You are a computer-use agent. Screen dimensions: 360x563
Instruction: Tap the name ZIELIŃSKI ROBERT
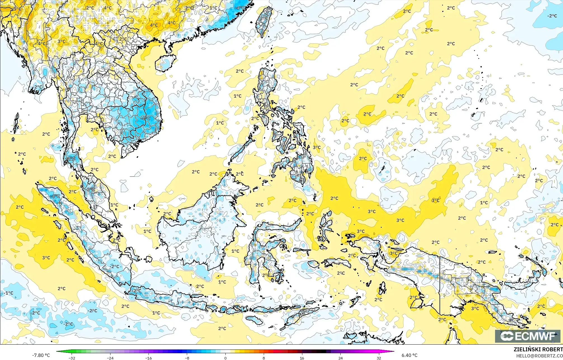coord(538,349)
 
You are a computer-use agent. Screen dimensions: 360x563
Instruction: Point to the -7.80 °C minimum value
coord(41,355)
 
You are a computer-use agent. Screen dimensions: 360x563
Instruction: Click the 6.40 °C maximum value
coord(409,355)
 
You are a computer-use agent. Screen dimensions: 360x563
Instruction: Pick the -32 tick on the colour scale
coord(72,358)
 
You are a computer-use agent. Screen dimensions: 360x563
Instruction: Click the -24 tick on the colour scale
coord(110,358)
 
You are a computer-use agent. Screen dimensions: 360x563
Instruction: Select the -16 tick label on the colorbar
coord(149,358)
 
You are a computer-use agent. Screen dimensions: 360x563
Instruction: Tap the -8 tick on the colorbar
coord(187,358)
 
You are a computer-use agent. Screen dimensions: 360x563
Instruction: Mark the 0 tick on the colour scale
coord(225,358)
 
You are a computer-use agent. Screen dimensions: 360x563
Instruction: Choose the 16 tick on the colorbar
coord(302,358)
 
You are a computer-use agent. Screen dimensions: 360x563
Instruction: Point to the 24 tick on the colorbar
coord(340,358)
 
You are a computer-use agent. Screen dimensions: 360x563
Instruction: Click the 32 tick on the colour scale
coord(379,358)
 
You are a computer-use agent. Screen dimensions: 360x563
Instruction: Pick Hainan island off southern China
coord(165,63)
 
